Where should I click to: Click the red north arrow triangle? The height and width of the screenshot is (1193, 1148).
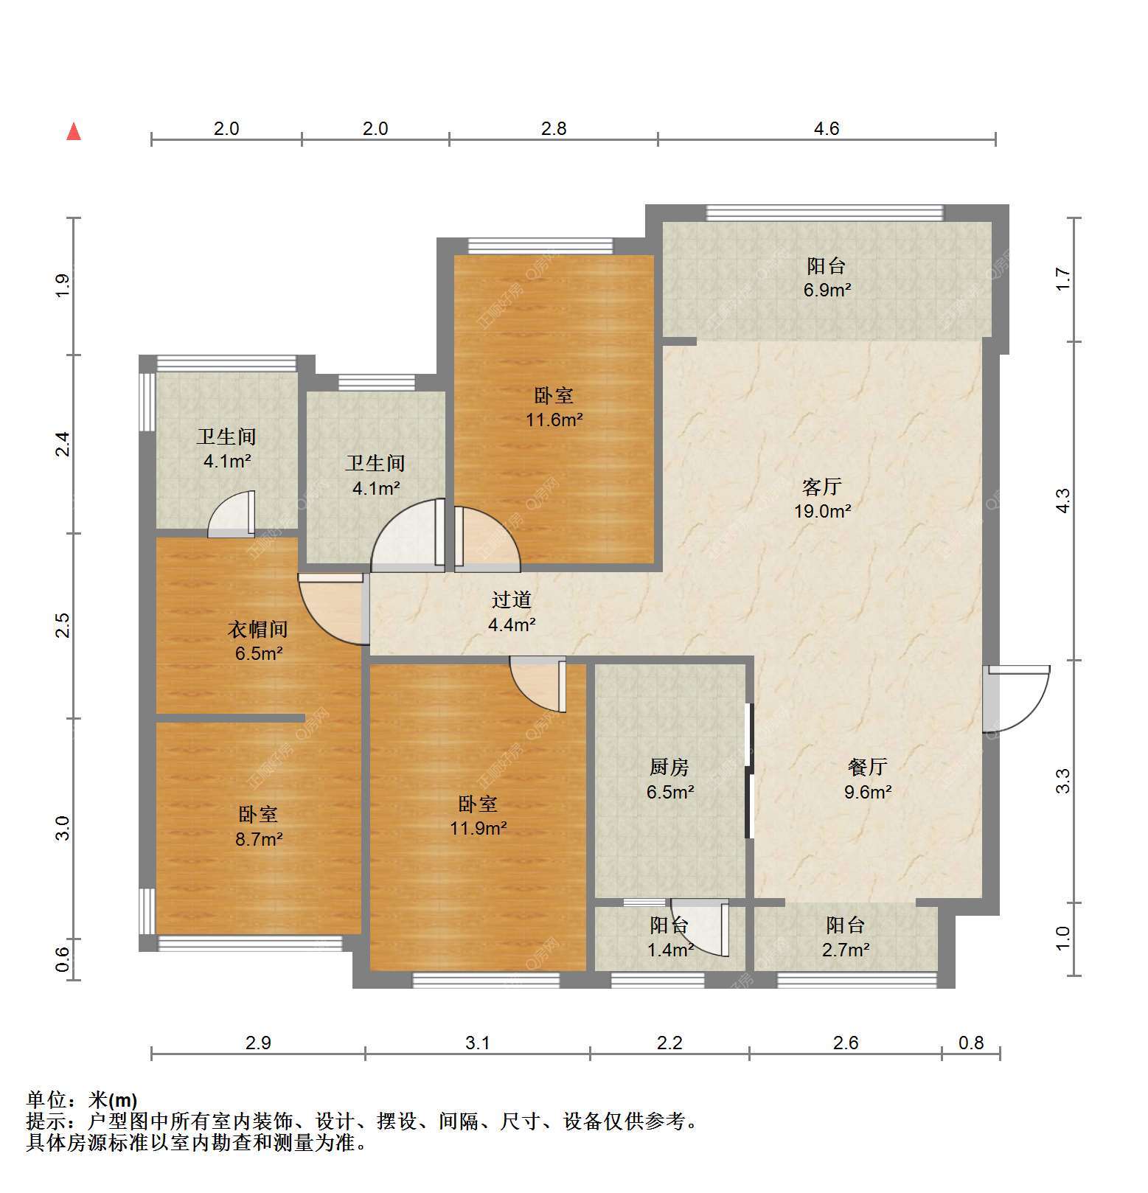coord(74,132)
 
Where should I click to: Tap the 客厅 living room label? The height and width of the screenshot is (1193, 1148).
coord(822,487)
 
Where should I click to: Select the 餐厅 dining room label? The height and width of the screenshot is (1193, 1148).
coord(867,768)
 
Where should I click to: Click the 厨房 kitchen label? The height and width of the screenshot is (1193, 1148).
coord(669,768)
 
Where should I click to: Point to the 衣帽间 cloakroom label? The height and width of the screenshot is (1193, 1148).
coord(257,629)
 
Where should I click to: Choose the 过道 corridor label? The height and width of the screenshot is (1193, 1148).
coord(512,600)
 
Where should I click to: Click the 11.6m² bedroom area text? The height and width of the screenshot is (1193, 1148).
coord(554,420)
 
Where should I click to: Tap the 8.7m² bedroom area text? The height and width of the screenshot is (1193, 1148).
coord(259,838)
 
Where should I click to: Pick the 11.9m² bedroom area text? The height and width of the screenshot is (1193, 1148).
coord(479,828)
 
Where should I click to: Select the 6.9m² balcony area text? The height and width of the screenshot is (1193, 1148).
coord(827,290)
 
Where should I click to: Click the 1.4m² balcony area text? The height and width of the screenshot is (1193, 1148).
coord(670,950)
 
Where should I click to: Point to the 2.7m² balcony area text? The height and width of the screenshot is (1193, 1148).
coord(846,950)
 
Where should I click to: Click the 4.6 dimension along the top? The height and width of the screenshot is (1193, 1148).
coord(827,128)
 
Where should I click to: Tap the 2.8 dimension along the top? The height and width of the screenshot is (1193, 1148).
coord(554,128)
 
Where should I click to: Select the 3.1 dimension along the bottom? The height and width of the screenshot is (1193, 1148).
coord(478,1043)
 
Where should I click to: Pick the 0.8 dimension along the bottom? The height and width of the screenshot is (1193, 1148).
coord(971,1043)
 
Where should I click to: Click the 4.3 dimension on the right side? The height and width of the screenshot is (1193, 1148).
coord(1062,501)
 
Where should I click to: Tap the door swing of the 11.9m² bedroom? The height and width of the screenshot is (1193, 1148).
coord(538,684)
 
